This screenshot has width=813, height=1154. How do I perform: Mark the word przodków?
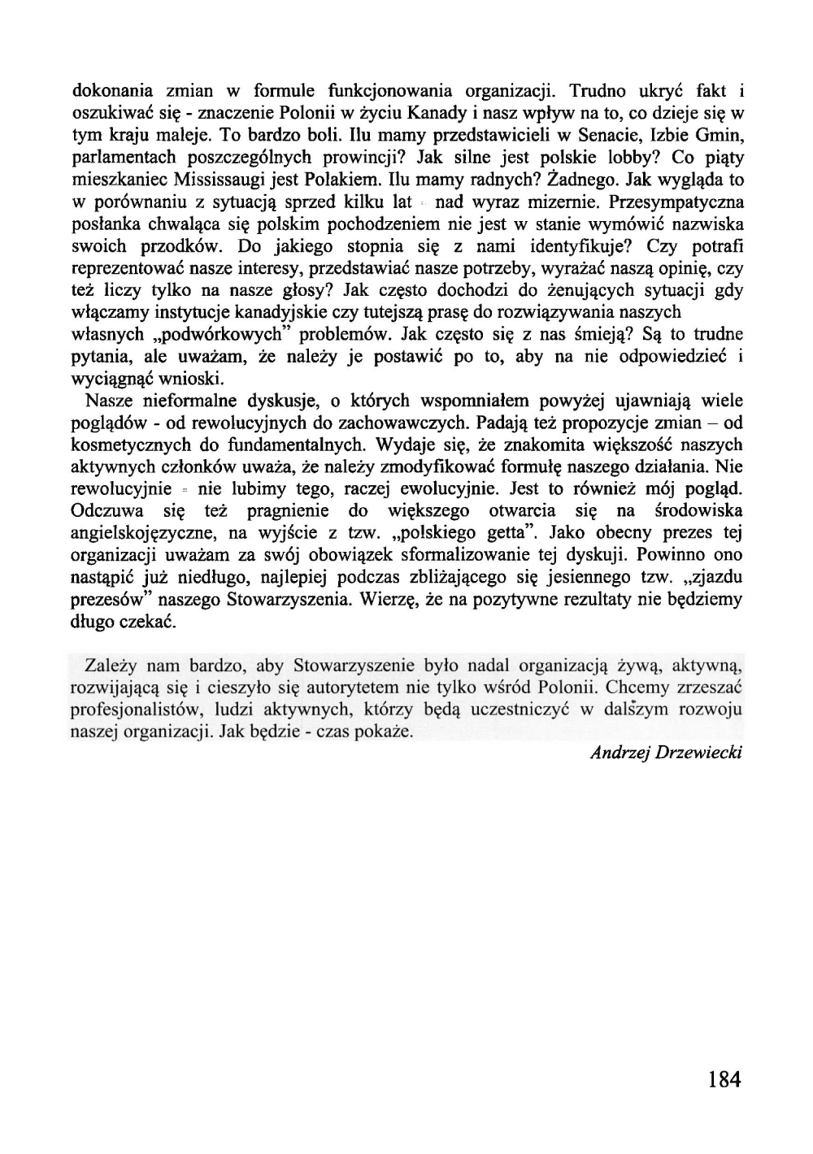(x=191, y=245)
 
